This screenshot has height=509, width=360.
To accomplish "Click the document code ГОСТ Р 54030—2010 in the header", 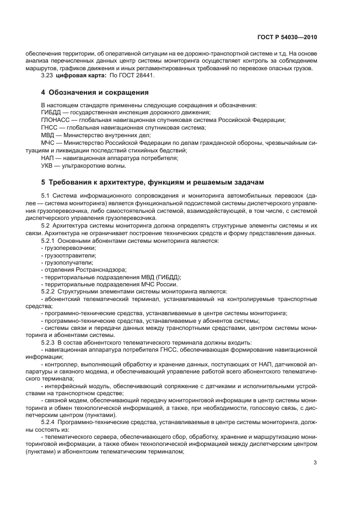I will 286,39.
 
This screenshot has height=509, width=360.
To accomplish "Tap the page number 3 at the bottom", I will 315,463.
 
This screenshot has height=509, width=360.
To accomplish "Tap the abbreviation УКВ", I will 48,165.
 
